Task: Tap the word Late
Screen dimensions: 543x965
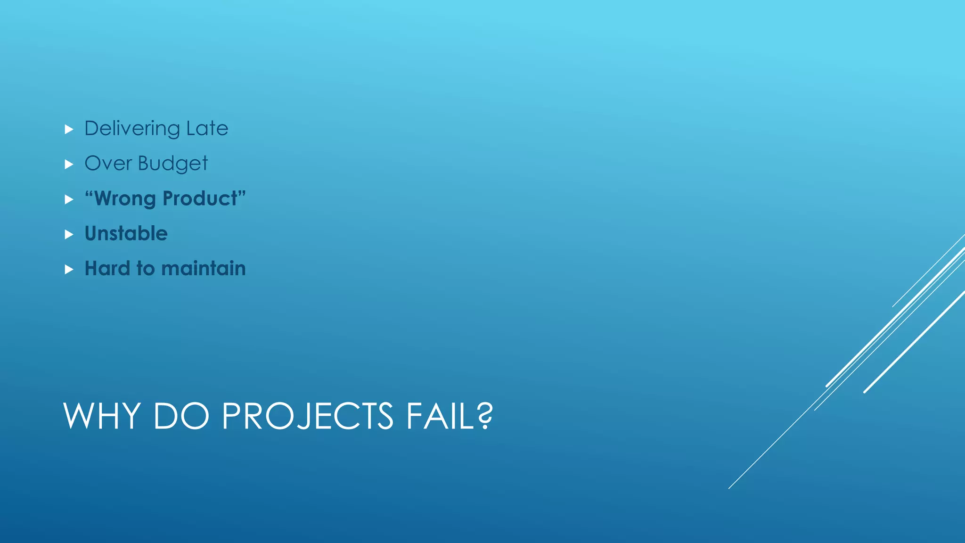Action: (x=207, y=129)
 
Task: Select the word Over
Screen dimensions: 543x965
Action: (x=108, y=164)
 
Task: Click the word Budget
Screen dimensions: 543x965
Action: (x=172, y=164)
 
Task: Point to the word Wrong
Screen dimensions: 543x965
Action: (x=125, y=198)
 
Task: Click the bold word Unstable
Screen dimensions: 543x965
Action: (x=126, y=233)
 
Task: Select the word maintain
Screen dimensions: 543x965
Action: (x=203, y=268)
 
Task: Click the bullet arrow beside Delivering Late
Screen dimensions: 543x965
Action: (x=69, y=129)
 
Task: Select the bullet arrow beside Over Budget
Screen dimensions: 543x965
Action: (x=69, y=164)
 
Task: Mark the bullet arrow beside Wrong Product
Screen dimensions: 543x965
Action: (x=69, y=199)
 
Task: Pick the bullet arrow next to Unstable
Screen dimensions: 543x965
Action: (x=69, y=234)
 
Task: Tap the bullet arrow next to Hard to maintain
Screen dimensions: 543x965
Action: (x=69, y=269)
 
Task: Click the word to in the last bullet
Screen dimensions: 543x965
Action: (x=145, y=268)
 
